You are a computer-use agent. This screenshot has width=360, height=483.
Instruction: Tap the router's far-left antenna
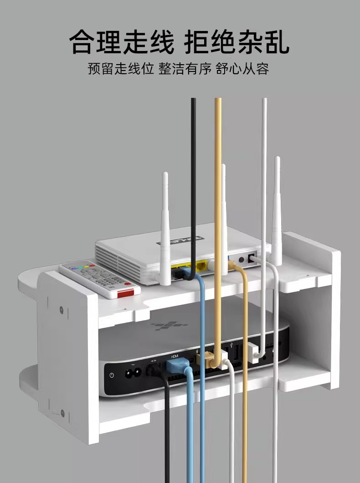165,228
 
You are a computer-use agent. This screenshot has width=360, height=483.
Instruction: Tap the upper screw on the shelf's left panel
62,311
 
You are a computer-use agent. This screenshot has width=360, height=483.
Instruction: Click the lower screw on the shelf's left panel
62,413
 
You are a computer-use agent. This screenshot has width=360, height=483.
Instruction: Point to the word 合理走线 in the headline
122,42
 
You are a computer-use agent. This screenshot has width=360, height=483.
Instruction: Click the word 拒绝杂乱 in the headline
237,42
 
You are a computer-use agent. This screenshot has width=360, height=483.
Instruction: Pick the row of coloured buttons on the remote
84,265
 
